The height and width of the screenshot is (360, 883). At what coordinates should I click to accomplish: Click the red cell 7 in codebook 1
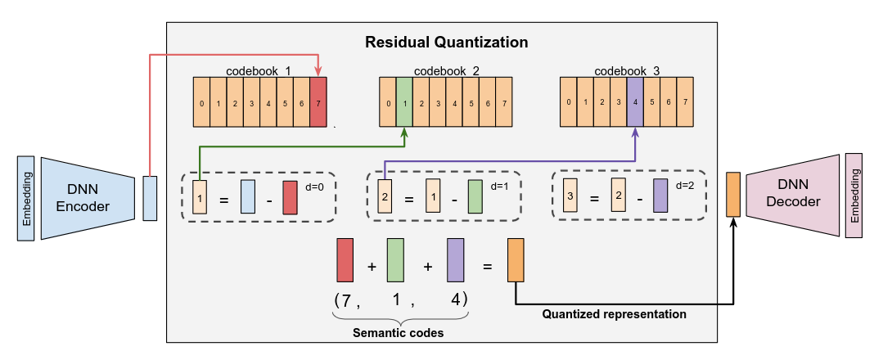pyautogui.click(x=318, y=103)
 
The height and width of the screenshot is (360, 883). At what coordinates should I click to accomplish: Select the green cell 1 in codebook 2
pyautogui.click(x=404, y=103)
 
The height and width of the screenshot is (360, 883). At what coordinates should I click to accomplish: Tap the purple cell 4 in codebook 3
pyautogui.click(x=636, y=102)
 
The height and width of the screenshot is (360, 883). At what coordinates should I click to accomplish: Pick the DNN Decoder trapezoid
pyautogui.click(x=793, y=196)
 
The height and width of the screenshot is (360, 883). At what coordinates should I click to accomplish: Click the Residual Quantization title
pyautogui.click(x=446, y=42)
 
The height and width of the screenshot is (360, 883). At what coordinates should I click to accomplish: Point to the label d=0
pyautogui.click(x=313, y=187)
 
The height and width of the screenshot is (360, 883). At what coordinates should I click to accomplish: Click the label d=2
pyautogui.click(x=686, y=186)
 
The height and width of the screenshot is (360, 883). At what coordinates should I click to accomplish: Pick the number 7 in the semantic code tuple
pyautogui.click(x=347, y=300)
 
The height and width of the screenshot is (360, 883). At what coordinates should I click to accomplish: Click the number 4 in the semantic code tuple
pyautogui.click(x=456, y=300)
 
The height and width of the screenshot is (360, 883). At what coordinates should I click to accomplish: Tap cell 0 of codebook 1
pyautogui.click(x=202, y=103)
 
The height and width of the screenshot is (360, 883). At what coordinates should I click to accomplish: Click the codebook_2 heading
pyautogui.click(x=446, y=71)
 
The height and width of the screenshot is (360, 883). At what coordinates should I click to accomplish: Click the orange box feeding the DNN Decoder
pyautogui.click(x=733, y=195)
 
